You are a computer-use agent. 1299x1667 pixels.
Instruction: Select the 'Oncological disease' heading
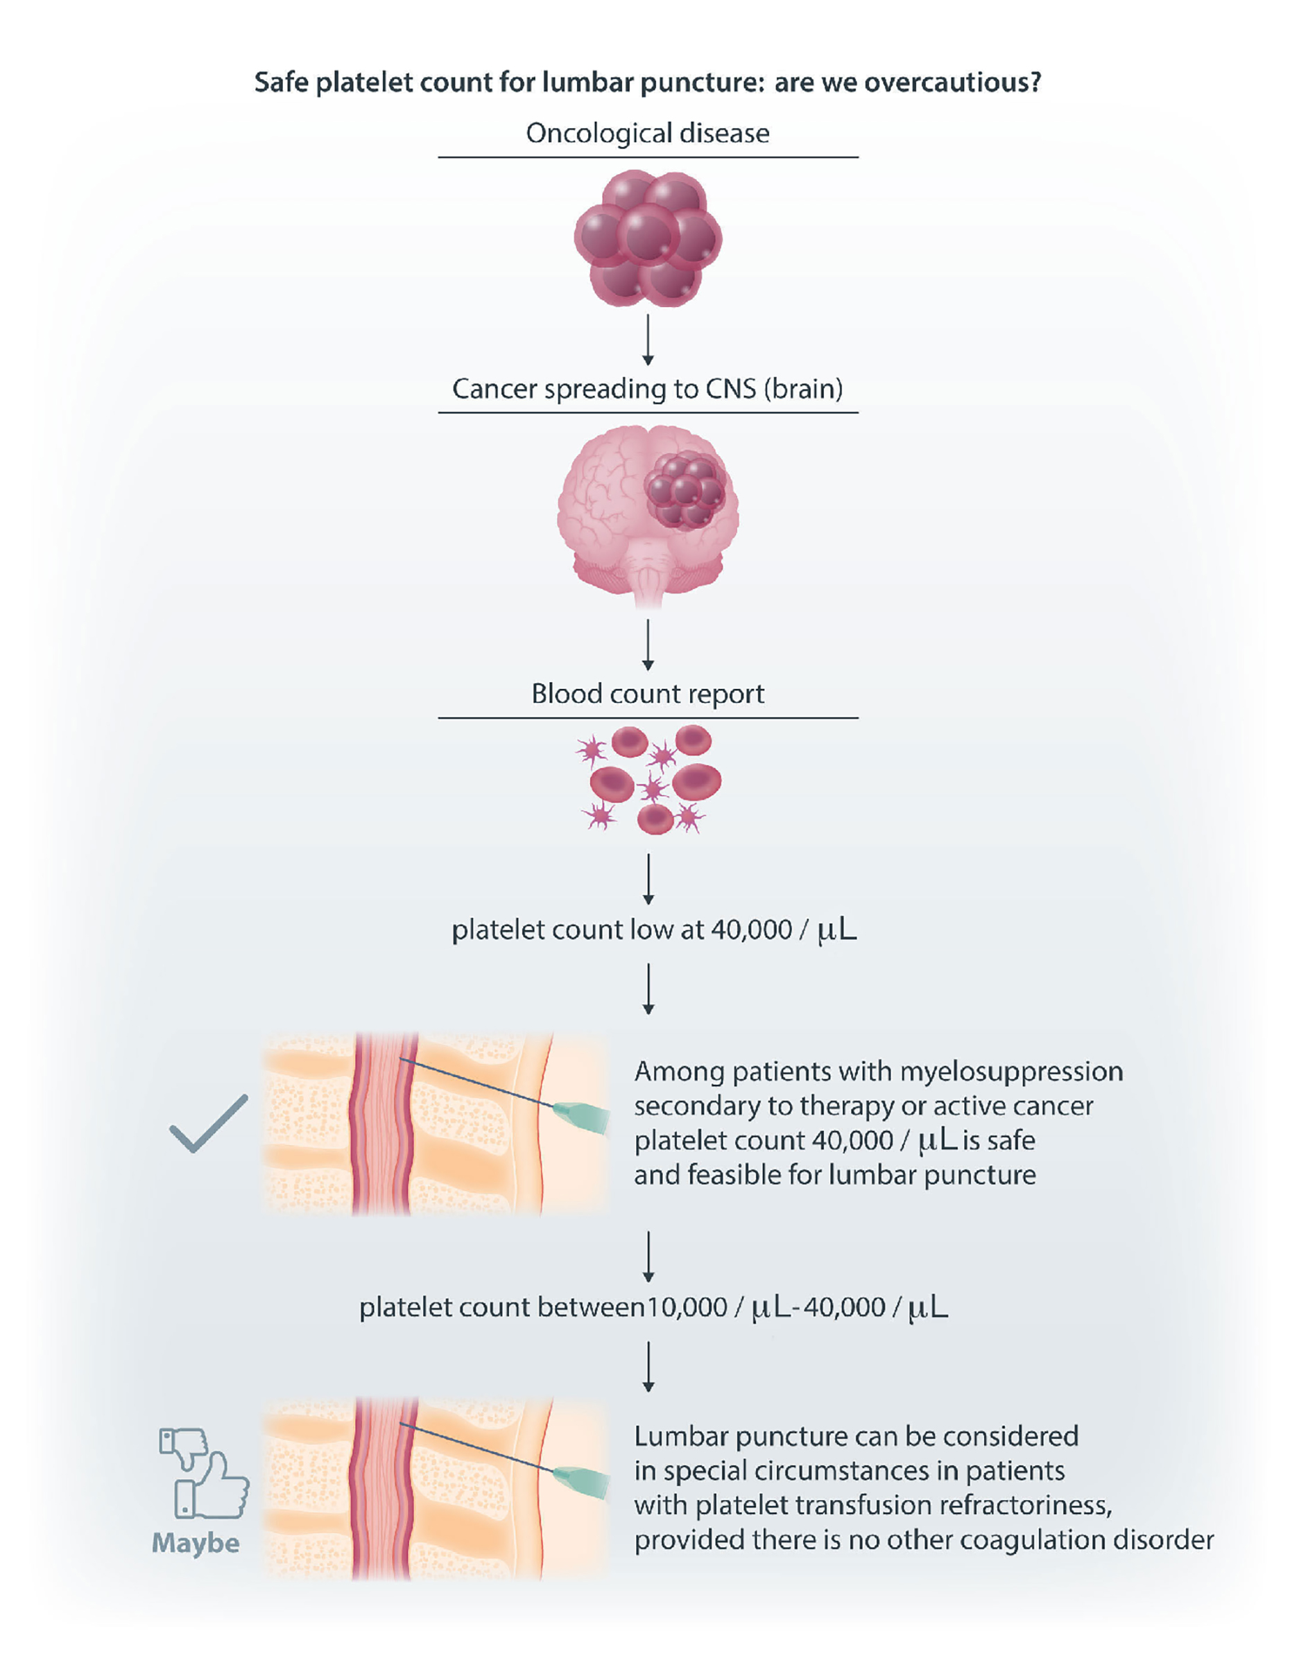coord(648,134)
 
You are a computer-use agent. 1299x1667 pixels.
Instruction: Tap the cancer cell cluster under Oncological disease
coord(648,238)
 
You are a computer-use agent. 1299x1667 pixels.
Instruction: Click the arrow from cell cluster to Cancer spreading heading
coord(648,340)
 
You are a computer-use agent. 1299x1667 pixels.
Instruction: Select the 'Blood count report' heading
coord(648,694)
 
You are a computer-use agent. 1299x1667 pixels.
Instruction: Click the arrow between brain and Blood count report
coord(648,645)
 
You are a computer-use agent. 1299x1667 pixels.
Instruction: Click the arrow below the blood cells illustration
coord(648,880)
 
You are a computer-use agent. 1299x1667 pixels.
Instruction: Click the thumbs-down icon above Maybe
coord(183,1447)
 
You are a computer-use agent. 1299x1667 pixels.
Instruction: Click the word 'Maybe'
coord(196,1543)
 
